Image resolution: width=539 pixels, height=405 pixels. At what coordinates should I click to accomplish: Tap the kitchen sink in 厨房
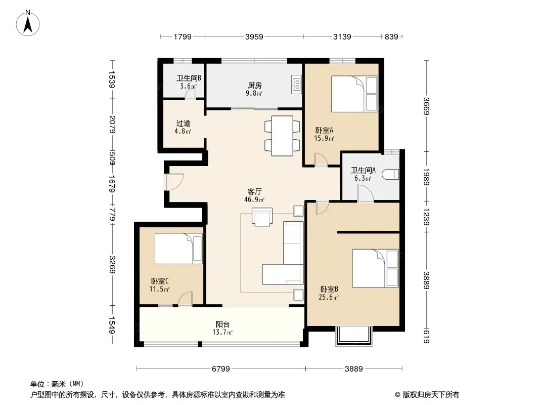[296, 85]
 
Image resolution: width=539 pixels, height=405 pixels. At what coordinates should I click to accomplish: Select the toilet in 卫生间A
[390, 174]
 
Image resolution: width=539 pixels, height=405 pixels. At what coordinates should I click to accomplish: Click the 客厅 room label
[255, 192]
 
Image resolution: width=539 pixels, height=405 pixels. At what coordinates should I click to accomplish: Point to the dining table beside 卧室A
[282, 136]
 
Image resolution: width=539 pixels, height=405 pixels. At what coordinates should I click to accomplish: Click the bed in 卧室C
[178, 249]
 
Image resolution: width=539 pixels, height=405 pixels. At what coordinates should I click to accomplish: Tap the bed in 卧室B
[375, 268]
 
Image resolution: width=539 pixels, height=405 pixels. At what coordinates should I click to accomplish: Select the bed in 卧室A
[354, 94]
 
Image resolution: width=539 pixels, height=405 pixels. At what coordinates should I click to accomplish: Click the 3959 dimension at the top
[254, 36]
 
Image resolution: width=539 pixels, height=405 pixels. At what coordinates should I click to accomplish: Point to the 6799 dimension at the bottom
[220, 369]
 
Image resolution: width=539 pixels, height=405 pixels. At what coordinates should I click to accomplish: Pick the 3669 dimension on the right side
[426, 106]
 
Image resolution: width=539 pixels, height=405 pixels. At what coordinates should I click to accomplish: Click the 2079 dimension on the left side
[112, 124]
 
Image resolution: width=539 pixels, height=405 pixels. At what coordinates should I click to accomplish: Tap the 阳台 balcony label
[223, 324]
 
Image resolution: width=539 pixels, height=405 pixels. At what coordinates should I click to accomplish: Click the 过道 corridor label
[183, 123]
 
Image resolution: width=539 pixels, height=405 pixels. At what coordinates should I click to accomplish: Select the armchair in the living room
[262, 217]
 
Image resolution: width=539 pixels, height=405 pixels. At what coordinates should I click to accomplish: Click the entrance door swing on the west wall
[174, 182]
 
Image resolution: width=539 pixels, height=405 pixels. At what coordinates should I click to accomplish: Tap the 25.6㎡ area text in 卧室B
[329, 297]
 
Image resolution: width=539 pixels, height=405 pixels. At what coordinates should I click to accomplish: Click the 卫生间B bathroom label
[189, 78]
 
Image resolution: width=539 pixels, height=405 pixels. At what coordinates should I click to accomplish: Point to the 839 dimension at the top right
[391, 36]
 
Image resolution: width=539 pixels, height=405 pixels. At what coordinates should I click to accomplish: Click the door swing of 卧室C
[185, 298]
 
